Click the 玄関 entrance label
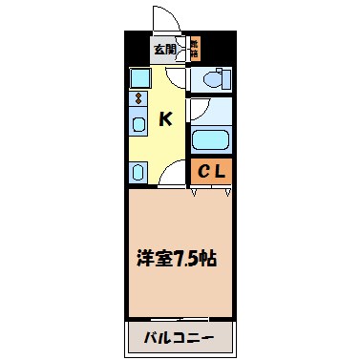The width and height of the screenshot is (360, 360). (x=164, y=49)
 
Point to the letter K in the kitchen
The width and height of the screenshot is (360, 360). (x=165, y=119)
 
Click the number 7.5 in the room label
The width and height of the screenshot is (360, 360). (x=184, y=258)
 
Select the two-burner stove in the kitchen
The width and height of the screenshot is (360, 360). (x=138, y=98)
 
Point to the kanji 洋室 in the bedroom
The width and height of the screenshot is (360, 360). (x=150, y=258)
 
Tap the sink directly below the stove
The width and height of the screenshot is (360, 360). (x=138, y=121)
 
